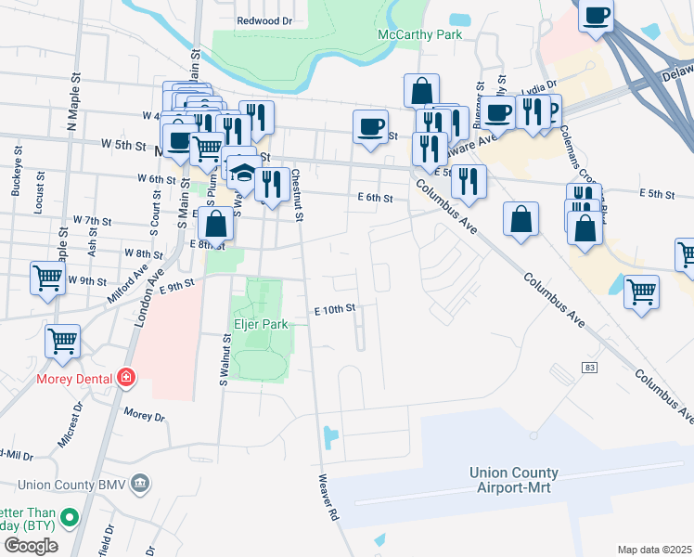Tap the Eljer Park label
pos(260,324)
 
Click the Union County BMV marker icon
pos(140,483)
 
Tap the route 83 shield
pos(590,369)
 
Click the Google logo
pos(31,545)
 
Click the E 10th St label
pos(335,310)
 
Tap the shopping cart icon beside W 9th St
pos(47,277)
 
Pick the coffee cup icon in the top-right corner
pos(596,16)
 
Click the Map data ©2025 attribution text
pos(654,550)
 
